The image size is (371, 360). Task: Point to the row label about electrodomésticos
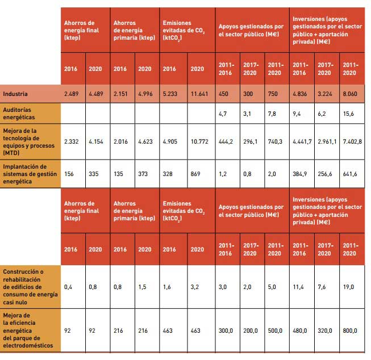pos(28,330)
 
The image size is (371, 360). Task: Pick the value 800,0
pos(350,330)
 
